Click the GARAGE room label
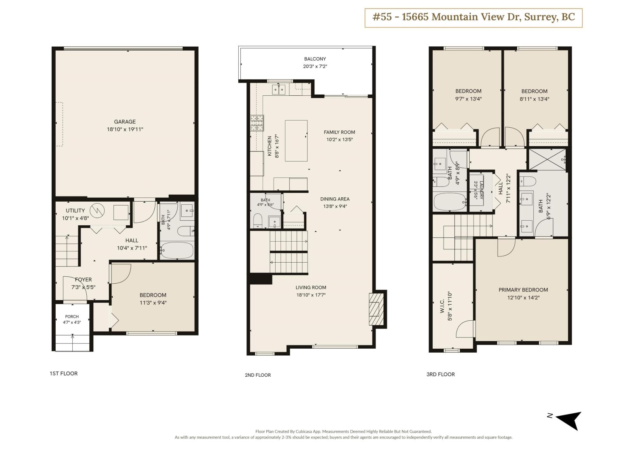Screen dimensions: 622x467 pos(125,122)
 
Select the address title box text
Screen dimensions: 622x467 pos(473,17)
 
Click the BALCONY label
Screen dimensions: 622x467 pos(315,59)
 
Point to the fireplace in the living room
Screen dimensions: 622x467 pos(376,309)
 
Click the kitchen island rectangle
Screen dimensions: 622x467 pos(296,140)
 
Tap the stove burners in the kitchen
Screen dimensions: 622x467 pos(257,123)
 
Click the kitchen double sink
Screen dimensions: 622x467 pos(279,90)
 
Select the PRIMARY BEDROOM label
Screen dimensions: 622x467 pos(523,290)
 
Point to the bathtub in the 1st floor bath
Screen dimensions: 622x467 pos(176,250)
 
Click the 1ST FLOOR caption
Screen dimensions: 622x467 pos(63,374)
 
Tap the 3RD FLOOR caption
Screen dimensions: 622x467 pos(440,374)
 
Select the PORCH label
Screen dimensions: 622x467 pos(72,316)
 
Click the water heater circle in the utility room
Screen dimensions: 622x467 pos(97,211)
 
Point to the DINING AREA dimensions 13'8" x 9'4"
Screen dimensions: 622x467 pos(335,206)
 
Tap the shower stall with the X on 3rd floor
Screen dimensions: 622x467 pos(547,160)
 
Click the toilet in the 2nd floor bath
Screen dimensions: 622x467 pos(258,221)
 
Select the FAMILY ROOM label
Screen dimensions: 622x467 pos(339,132)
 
